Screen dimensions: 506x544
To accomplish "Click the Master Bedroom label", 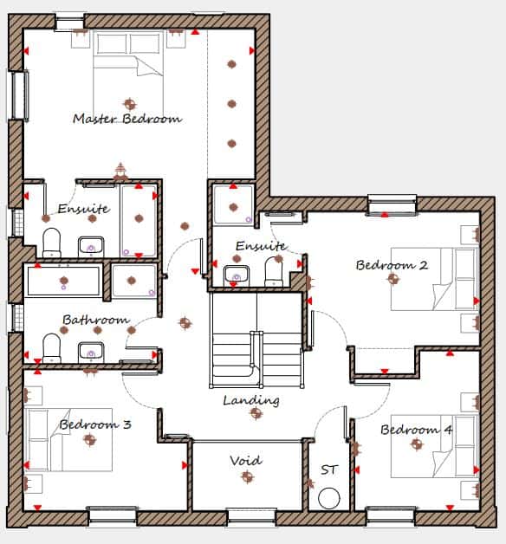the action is point(127,119).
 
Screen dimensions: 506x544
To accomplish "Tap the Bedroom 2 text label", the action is point(392,265).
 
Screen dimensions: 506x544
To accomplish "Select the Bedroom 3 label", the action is point(95,424).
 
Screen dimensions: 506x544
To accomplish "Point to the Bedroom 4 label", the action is point(417,430).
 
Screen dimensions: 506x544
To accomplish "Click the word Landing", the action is point(251,401).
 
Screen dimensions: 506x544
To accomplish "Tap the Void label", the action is point(246,461).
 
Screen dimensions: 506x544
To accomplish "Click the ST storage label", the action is point(328,470).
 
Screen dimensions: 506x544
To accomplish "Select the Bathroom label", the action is point(96,320).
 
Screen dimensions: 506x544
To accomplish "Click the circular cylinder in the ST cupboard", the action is point(329,498).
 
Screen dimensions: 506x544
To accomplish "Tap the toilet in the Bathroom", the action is point(51,348).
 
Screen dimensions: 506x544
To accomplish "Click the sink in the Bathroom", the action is point(91,352).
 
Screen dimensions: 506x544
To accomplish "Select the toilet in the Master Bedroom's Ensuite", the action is point(51,243).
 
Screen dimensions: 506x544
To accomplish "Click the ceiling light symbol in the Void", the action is point(247,476).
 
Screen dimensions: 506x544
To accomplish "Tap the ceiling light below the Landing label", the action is point(256,413).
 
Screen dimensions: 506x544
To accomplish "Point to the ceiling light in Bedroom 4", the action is point(417,444).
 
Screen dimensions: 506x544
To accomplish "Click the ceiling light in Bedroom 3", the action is point(90,440).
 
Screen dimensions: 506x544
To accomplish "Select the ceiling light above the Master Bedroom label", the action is point(130,103).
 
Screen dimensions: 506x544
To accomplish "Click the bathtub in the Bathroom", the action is point(63,281).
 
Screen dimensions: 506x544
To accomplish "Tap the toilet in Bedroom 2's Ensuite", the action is point(274,271).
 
